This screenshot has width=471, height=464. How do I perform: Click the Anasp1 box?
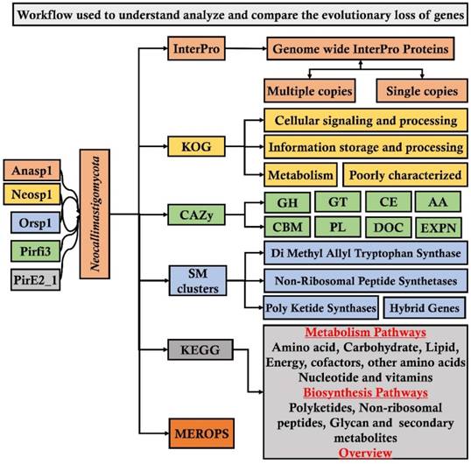pyautogui.click(x=31, y=172)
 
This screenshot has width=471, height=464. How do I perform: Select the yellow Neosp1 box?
pyautogui.click(x=31, y=194)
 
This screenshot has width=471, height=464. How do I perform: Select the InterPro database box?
pyautogui.click(x=193, y=51)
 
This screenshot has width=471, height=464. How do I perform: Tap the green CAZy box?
pyautogui.click(x=193, y=213)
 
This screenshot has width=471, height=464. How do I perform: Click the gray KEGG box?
pyautogui.click(x=193, y=352)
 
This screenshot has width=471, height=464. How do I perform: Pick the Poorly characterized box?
pyautogui.click(x=404, y=174)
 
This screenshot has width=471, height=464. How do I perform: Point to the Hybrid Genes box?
pyautogui.click(x=427, y=307)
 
